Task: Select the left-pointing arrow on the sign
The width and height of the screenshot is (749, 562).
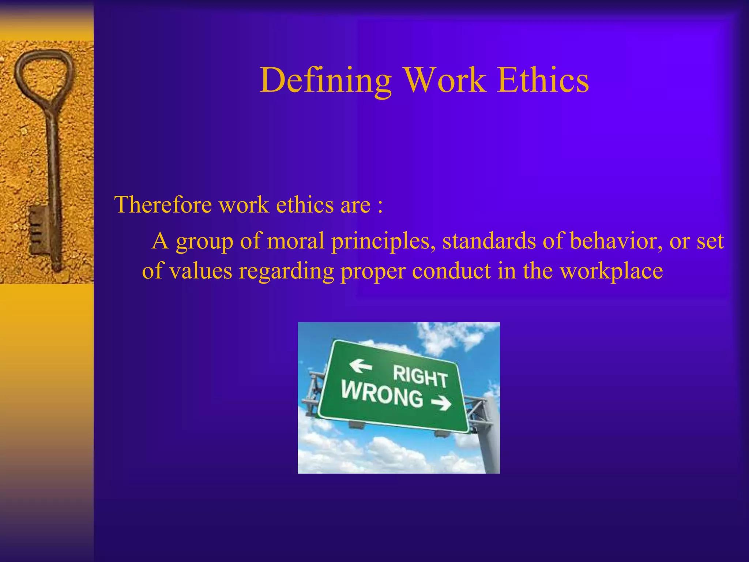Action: click(360, 366)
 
